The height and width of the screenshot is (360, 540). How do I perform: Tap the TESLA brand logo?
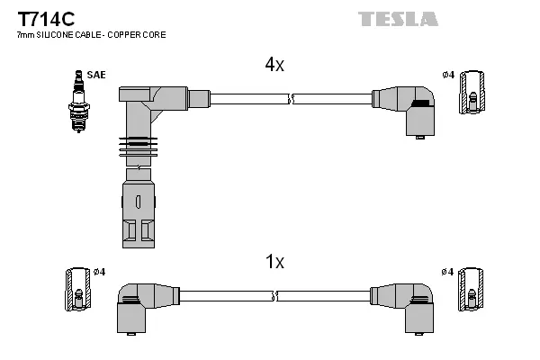point(398,18)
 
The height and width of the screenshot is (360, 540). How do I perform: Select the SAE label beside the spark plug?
point(96,74)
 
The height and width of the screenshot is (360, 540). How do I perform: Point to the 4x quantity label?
point(274,65)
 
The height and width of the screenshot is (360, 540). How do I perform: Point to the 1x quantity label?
point(274,262)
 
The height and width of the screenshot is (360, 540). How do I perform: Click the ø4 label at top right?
point(448,74)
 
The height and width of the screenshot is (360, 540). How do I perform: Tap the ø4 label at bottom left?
point(98,272)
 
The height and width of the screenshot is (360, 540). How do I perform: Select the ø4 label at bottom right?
point(448,272)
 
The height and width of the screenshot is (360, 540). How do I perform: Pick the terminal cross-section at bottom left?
point(76,292)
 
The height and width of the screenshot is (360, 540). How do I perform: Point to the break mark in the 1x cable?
point(275,294)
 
